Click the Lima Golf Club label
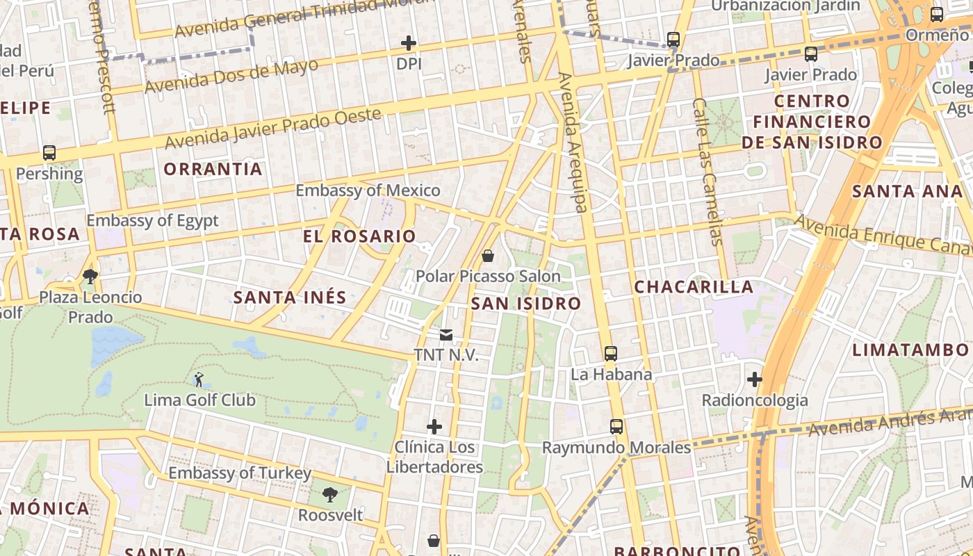199,400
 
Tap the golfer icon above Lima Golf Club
199,379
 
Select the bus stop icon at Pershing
49,153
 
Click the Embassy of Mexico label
368,190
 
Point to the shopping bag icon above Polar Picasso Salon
488,256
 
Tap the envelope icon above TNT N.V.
446,335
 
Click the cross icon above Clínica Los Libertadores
434,426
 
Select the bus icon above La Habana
610,354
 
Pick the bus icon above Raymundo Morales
616,427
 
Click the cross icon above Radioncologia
755,379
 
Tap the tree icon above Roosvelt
330,495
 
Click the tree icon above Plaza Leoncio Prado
90,277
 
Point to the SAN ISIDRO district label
525,304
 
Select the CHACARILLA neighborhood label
694,287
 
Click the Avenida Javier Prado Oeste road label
273,128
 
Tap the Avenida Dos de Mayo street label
231,76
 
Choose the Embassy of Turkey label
240,473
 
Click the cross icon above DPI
409,43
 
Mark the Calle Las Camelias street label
708,171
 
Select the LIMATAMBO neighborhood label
910,350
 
